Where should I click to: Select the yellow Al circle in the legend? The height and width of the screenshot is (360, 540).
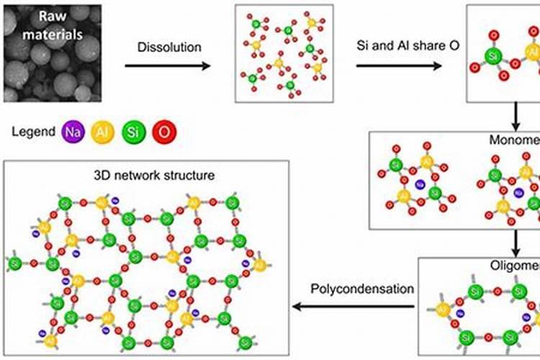click(102, 132)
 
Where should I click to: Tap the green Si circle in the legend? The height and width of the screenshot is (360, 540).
click(132, 132)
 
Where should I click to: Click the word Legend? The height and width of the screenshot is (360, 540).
click(32, 132)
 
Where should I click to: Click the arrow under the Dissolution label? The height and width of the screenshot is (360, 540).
click(168, 66)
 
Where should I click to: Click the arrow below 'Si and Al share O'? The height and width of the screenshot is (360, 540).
click(399, 66)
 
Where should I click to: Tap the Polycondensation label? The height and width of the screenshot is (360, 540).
click(362, 289)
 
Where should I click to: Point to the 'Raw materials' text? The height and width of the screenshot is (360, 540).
click(51, 26)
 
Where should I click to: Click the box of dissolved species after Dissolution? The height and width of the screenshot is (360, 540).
click(284, 53)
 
